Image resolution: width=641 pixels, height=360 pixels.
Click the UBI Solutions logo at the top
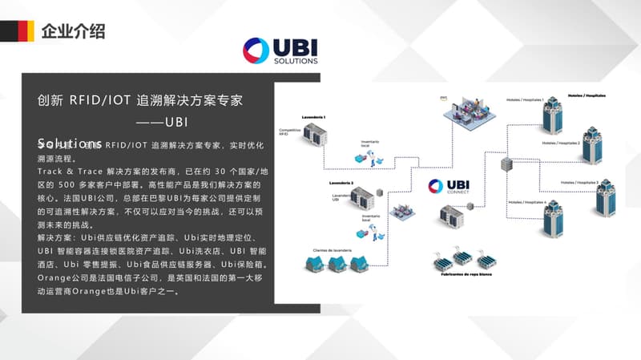[x=280, y=50]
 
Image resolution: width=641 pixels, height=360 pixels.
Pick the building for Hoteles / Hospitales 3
[x=606, y=197]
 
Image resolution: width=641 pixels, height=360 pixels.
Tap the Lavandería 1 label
[x=313, y=118]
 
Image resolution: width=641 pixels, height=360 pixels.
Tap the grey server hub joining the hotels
[x=506, y=164]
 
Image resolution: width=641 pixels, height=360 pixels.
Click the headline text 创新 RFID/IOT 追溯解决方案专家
[x=140, y=102]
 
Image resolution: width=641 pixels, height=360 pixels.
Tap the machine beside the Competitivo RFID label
[x=314, y=136]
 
